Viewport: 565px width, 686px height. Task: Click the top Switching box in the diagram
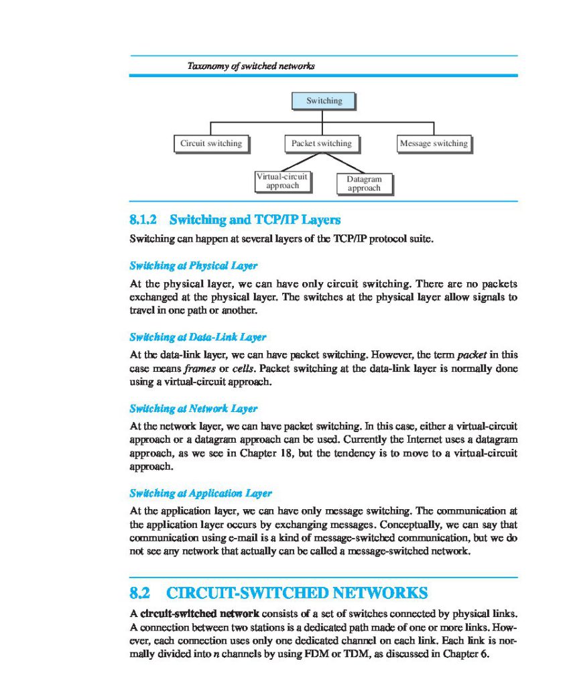pos(324,101)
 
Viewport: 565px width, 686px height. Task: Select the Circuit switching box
pos(210,143)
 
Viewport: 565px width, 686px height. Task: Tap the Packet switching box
pos(321,143)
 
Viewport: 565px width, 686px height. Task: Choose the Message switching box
pos(433,143)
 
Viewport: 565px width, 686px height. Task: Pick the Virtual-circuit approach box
pos(283,181)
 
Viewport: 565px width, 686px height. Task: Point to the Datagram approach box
pos(364,184)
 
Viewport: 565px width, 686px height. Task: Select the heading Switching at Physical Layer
pos(193,265)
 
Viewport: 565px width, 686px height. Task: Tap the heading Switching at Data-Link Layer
pos(198,337)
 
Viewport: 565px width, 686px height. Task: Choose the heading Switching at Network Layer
pos(193,409)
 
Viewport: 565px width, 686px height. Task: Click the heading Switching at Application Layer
pos(200,494)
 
